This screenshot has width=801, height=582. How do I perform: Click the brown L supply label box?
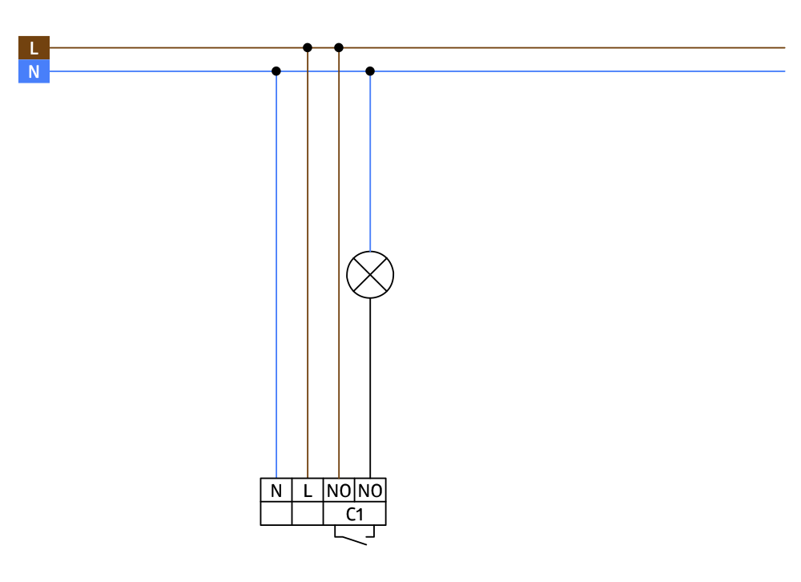click(34, 47)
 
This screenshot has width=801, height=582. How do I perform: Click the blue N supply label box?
click(34, 71)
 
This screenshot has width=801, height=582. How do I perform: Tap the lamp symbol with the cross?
click(370, 275)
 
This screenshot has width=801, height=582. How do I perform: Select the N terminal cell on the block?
click(276, 490)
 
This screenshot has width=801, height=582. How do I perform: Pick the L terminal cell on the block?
click(308, 490)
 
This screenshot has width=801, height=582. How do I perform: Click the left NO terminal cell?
click(339, 490)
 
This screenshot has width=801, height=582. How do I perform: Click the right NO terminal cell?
click(370, 490)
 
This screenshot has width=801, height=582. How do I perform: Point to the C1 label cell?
click(355, 514)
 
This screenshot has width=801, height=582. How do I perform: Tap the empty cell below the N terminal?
click(276, 514)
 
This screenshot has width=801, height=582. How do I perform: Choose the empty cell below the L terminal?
click(308, 514)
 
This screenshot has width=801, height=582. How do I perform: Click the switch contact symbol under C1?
click(355, 536)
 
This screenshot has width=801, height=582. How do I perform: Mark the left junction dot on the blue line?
click(276, 71)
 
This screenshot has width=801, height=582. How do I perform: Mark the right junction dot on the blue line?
click(370, 71)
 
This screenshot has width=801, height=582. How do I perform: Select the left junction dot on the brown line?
click(308, 47)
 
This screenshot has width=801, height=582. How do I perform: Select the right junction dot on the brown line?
click(339, 47)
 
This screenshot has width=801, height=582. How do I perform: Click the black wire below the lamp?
click(370, 388)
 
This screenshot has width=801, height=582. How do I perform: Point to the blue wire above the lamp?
click(370, 161)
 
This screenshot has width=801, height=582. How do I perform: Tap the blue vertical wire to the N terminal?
click(276, 275)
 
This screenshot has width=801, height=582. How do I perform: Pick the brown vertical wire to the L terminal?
click(308, 263)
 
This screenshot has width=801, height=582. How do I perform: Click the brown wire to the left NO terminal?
click(339, 263)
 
